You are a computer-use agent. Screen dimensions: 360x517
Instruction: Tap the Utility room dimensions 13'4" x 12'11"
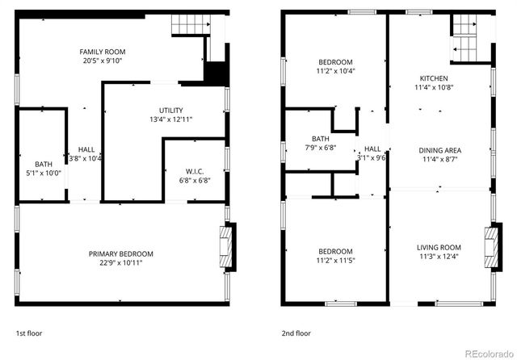pos(170,119)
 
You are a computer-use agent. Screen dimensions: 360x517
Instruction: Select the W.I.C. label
pos(194,170)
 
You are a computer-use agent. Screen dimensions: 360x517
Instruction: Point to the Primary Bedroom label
pos(120,253)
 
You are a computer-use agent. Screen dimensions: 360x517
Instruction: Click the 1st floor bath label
pos(43,164)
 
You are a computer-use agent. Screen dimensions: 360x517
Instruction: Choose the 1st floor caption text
pos(28,333)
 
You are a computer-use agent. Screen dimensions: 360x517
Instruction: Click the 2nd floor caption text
pos(296,333)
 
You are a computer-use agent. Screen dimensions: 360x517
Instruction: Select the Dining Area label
pos(439,150)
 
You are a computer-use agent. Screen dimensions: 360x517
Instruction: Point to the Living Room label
pos(439,248)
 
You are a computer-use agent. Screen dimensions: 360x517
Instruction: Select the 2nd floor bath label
pos(319,138)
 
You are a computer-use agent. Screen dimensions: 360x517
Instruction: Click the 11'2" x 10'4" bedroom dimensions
pos(335,71)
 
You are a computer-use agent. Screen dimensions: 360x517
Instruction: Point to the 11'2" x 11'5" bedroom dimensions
pos(335,260)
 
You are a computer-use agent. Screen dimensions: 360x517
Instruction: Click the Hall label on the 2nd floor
pos(372,149)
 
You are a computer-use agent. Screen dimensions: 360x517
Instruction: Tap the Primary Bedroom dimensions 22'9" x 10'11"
pos(120,262)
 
